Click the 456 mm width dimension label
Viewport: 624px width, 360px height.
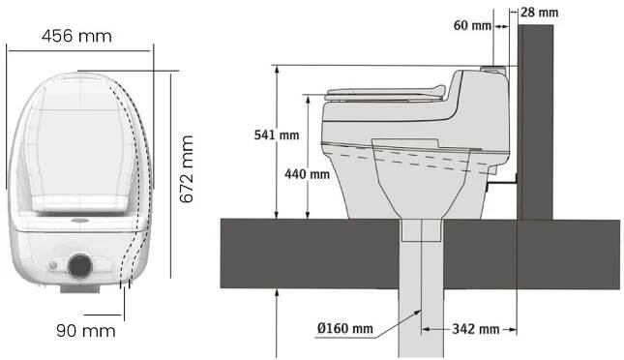tap(76, 36)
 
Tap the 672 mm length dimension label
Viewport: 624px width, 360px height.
tap(187, 169)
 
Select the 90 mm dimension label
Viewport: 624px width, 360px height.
tap(85, 331)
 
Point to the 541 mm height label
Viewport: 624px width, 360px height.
tap(277, 135)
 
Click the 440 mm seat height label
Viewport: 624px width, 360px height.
tap(307, 174)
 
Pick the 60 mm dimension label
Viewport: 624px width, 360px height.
tap(472, 25)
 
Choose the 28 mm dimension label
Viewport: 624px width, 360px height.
tap(539, 13)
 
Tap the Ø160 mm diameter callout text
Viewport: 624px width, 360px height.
tap(345, 328)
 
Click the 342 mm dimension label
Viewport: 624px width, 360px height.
tap(476, 329)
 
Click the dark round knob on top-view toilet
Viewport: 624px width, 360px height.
tap(80, 265)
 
